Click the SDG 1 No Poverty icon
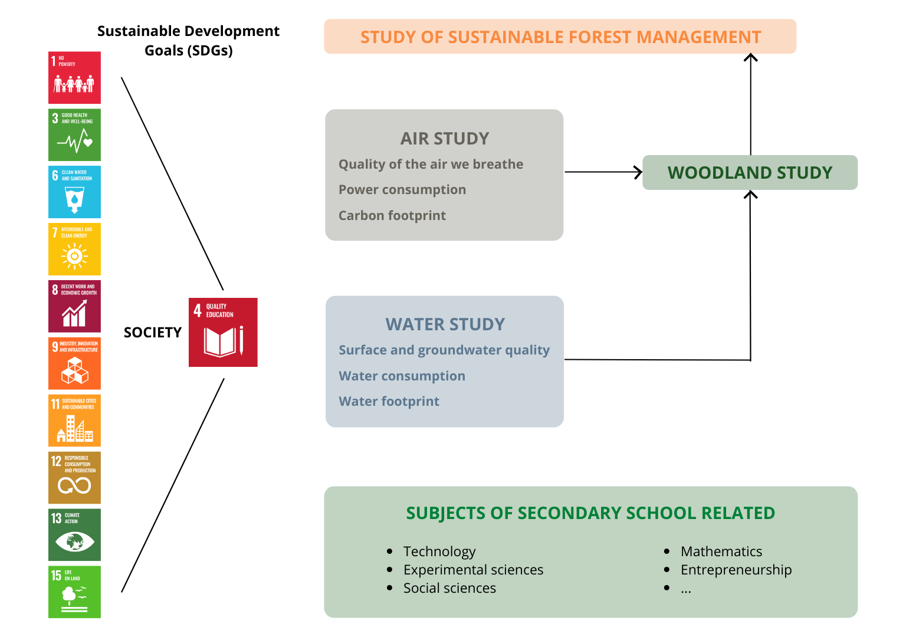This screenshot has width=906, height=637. click(x=74, y=78)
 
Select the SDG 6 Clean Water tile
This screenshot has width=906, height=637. click(x=74, y=192)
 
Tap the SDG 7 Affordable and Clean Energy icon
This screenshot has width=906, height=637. click(x=74, y=249)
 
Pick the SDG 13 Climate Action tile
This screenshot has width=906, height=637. click(x=74, y=534)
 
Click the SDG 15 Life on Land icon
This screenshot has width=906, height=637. click(x=74, y=592)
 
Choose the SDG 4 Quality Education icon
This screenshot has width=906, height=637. click(x=223, y=332)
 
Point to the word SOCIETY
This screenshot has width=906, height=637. click(x=153, y=333)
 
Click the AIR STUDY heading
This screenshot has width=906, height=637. click(x=445, y=139)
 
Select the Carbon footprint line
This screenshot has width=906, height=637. click(x=392, y=216)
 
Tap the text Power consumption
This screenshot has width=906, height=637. click(x=402, y=190)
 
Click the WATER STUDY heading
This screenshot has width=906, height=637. click(x=445, y=324)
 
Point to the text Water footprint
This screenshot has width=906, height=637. click(x=389, y=402)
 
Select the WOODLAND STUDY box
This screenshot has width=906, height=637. click(x=750, y=173)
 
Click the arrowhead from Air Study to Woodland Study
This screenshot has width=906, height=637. click(x=638, y=172)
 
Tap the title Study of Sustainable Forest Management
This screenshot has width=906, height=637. click(x=560, y=37)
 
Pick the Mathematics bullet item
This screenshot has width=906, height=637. click(x=721, y=551)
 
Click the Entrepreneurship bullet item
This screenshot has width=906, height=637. click(x=736, y=570)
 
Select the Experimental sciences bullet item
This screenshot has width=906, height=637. click(x=473, y=570)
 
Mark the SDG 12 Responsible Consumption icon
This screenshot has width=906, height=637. click(x=74, y=477)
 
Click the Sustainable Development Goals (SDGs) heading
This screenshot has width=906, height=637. click(x=189, y=41)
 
